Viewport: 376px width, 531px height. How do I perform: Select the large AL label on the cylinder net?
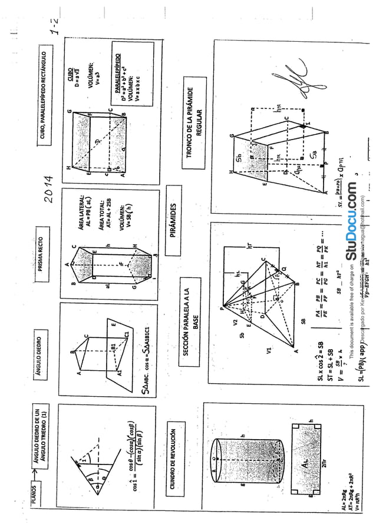(x=302, y=463)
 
